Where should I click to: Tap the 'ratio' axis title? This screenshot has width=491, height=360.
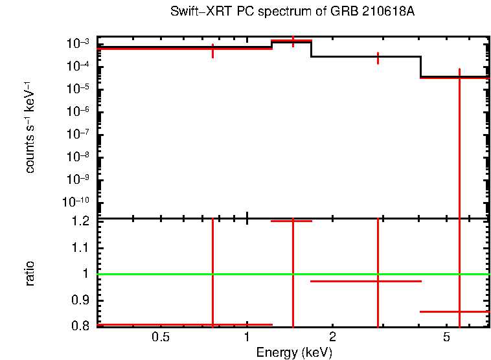[x=30, y=274]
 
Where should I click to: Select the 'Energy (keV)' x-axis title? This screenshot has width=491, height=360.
[x=294, y=352]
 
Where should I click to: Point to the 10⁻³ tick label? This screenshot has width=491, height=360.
[x=78, y=43]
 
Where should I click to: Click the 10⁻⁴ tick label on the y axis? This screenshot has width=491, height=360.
[x=78, y=66]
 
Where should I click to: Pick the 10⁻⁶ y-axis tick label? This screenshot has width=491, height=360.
[x=78, y=111]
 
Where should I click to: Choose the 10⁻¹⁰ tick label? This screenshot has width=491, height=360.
[x=76, y=202]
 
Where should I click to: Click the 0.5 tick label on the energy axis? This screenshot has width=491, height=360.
[x=161, y=337]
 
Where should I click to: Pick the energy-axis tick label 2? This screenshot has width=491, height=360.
[x=332, y=337]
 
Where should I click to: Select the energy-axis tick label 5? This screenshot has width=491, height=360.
[x=446, y=337]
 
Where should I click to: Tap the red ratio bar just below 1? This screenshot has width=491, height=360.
[x=366, y=282]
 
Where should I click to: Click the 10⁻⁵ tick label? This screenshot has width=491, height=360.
[x=78, y=89]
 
